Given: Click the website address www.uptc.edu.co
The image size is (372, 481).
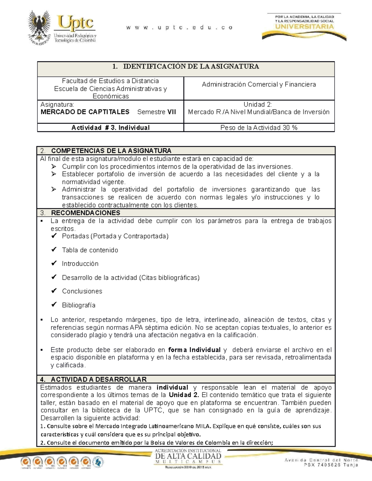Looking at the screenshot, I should click(x=179, y=28).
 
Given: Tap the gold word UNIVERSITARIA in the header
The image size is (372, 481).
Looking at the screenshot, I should click(x=304, y=27).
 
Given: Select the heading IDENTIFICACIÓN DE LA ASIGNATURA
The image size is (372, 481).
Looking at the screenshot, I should click(x=191, y=66).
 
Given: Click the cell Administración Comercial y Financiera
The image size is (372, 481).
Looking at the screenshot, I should click(x=259, y=84).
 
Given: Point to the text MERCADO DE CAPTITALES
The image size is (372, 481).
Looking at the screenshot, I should click(x=85, y=112).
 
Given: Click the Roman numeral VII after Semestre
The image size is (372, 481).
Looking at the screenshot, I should click(x=171, y=112).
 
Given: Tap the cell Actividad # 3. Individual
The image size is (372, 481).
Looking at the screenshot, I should click(x=110, y=128).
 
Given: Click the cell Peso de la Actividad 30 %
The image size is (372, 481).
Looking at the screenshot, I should click(x=259, y=128).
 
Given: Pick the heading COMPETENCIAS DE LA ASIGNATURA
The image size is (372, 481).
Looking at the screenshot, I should click(x=111, y=151).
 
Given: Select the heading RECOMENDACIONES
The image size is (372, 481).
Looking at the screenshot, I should click(x=85, y=213).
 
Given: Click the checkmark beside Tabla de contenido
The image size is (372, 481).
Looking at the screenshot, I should click(x=54, y=249).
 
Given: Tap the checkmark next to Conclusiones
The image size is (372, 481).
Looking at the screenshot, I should click(x=54, y=291).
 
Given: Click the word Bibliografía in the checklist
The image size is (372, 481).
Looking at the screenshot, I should click(x=78, y=305).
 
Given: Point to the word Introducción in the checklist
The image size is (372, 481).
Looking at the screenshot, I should click(x=80, y=264).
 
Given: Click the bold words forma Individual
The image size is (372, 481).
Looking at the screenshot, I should click(x=194, y=350).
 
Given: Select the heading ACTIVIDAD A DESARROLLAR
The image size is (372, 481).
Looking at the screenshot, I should click(x=99, y=379).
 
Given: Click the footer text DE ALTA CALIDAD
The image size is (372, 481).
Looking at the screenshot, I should click(x=188, y=456).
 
